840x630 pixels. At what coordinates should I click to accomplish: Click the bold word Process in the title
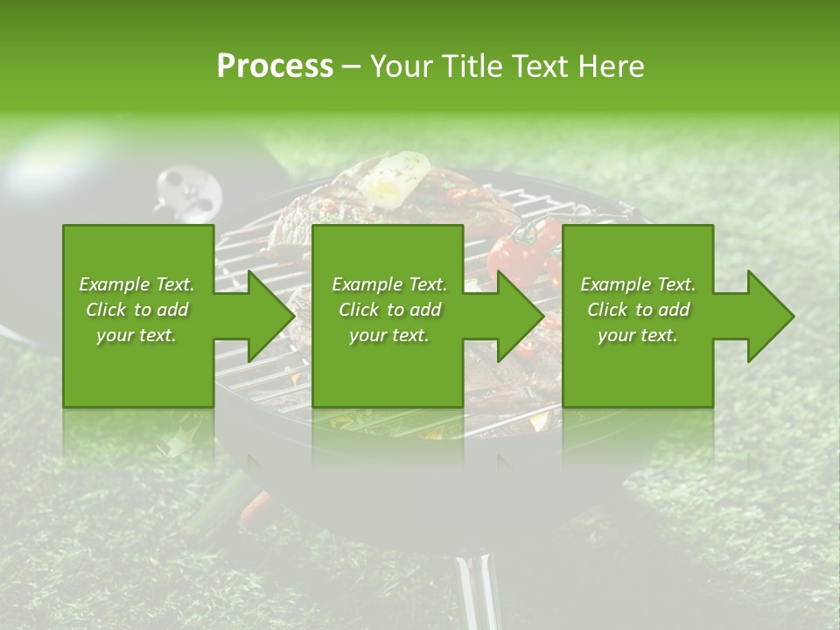point(275,66)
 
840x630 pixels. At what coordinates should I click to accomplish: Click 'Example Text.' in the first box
point(136,284)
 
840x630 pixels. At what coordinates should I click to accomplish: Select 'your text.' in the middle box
point(388,335)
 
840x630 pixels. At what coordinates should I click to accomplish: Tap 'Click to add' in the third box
point(638,310)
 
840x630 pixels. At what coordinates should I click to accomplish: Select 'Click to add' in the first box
point(136,310)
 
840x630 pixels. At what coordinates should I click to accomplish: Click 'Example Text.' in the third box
point(638,284)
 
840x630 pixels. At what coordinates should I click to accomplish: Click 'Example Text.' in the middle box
point(388,284)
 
